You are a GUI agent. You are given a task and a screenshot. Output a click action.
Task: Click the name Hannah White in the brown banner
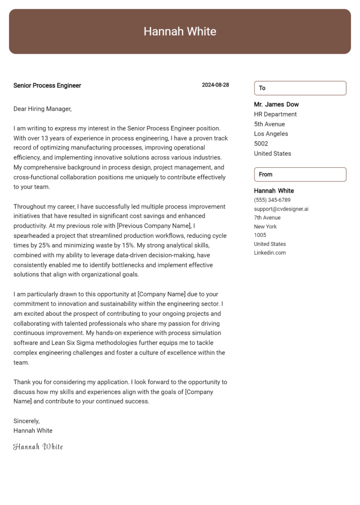click(180, 31)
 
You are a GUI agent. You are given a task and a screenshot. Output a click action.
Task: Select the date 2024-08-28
click(215, 85)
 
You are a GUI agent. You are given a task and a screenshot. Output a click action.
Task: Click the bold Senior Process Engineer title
click(47, 86)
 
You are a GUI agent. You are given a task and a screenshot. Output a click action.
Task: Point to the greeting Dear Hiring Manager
click(42, 109)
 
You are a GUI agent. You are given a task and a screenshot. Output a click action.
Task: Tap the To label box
click(300, 88)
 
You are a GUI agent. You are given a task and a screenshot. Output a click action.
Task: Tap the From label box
click(300, 174)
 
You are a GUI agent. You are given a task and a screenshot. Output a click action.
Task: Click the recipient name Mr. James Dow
click(276, 104)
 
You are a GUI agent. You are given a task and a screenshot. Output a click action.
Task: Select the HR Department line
click(275, 114)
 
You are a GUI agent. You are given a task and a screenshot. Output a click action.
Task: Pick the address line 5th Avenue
click(269, 124)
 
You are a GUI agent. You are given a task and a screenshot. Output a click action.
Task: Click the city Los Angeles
click(271, 134)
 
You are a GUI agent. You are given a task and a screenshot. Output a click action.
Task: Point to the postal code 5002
click(261, 144)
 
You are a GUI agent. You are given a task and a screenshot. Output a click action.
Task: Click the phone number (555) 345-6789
click(272, 200)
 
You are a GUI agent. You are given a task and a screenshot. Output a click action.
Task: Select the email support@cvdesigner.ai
click(281, 209)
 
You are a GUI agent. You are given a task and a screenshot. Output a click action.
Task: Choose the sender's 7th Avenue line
click(267, 218)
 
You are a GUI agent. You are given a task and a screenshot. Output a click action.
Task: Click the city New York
click(265, 227)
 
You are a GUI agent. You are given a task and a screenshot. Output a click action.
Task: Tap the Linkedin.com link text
click(270, 253)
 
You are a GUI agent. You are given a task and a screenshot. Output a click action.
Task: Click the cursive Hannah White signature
click(38, 447)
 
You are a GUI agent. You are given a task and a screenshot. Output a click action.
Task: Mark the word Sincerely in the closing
click(26, 421)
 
